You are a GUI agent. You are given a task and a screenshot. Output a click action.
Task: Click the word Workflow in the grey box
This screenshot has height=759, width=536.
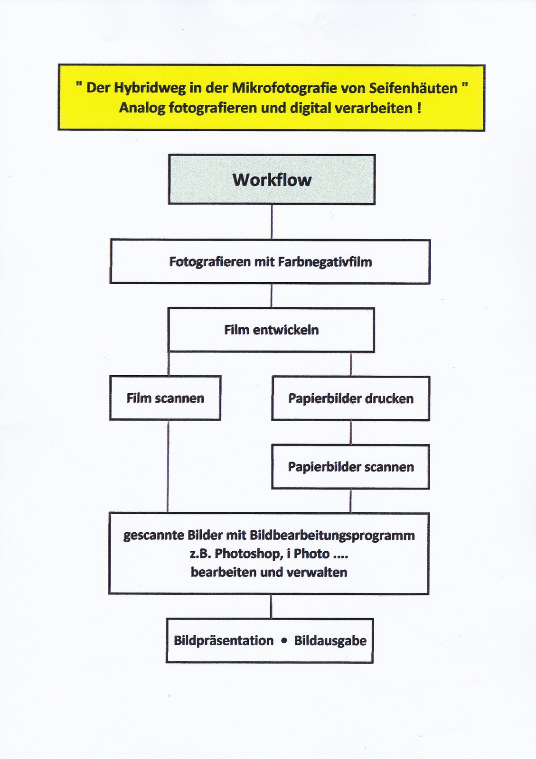(272, 180)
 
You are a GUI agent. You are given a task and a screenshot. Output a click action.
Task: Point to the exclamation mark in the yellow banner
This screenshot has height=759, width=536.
(419, 108)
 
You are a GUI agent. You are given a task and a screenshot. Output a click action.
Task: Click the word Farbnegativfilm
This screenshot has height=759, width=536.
(325, 262)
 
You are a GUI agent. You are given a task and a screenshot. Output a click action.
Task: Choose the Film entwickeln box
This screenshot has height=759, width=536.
(271, 330)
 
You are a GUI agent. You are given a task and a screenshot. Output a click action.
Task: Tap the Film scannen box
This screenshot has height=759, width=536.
(165, 398)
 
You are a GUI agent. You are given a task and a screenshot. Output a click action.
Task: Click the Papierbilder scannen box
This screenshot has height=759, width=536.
(350, 467)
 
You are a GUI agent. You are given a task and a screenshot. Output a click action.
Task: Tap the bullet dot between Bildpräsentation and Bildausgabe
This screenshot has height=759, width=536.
(284, 640)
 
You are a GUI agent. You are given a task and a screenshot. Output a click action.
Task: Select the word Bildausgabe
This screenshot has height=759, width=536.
(330, 641)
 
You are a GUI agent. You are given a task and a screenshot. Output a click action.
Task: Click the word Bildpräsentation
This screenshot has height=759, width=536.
(224, 641)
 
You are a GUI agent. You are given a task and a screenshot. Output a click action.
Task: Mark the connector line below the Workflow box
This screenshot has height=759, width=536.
(272, 222)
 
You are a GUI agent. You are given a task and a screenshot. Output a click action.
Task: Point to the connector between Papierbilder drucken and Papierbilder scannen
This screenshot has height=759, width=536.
(351, 432)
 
